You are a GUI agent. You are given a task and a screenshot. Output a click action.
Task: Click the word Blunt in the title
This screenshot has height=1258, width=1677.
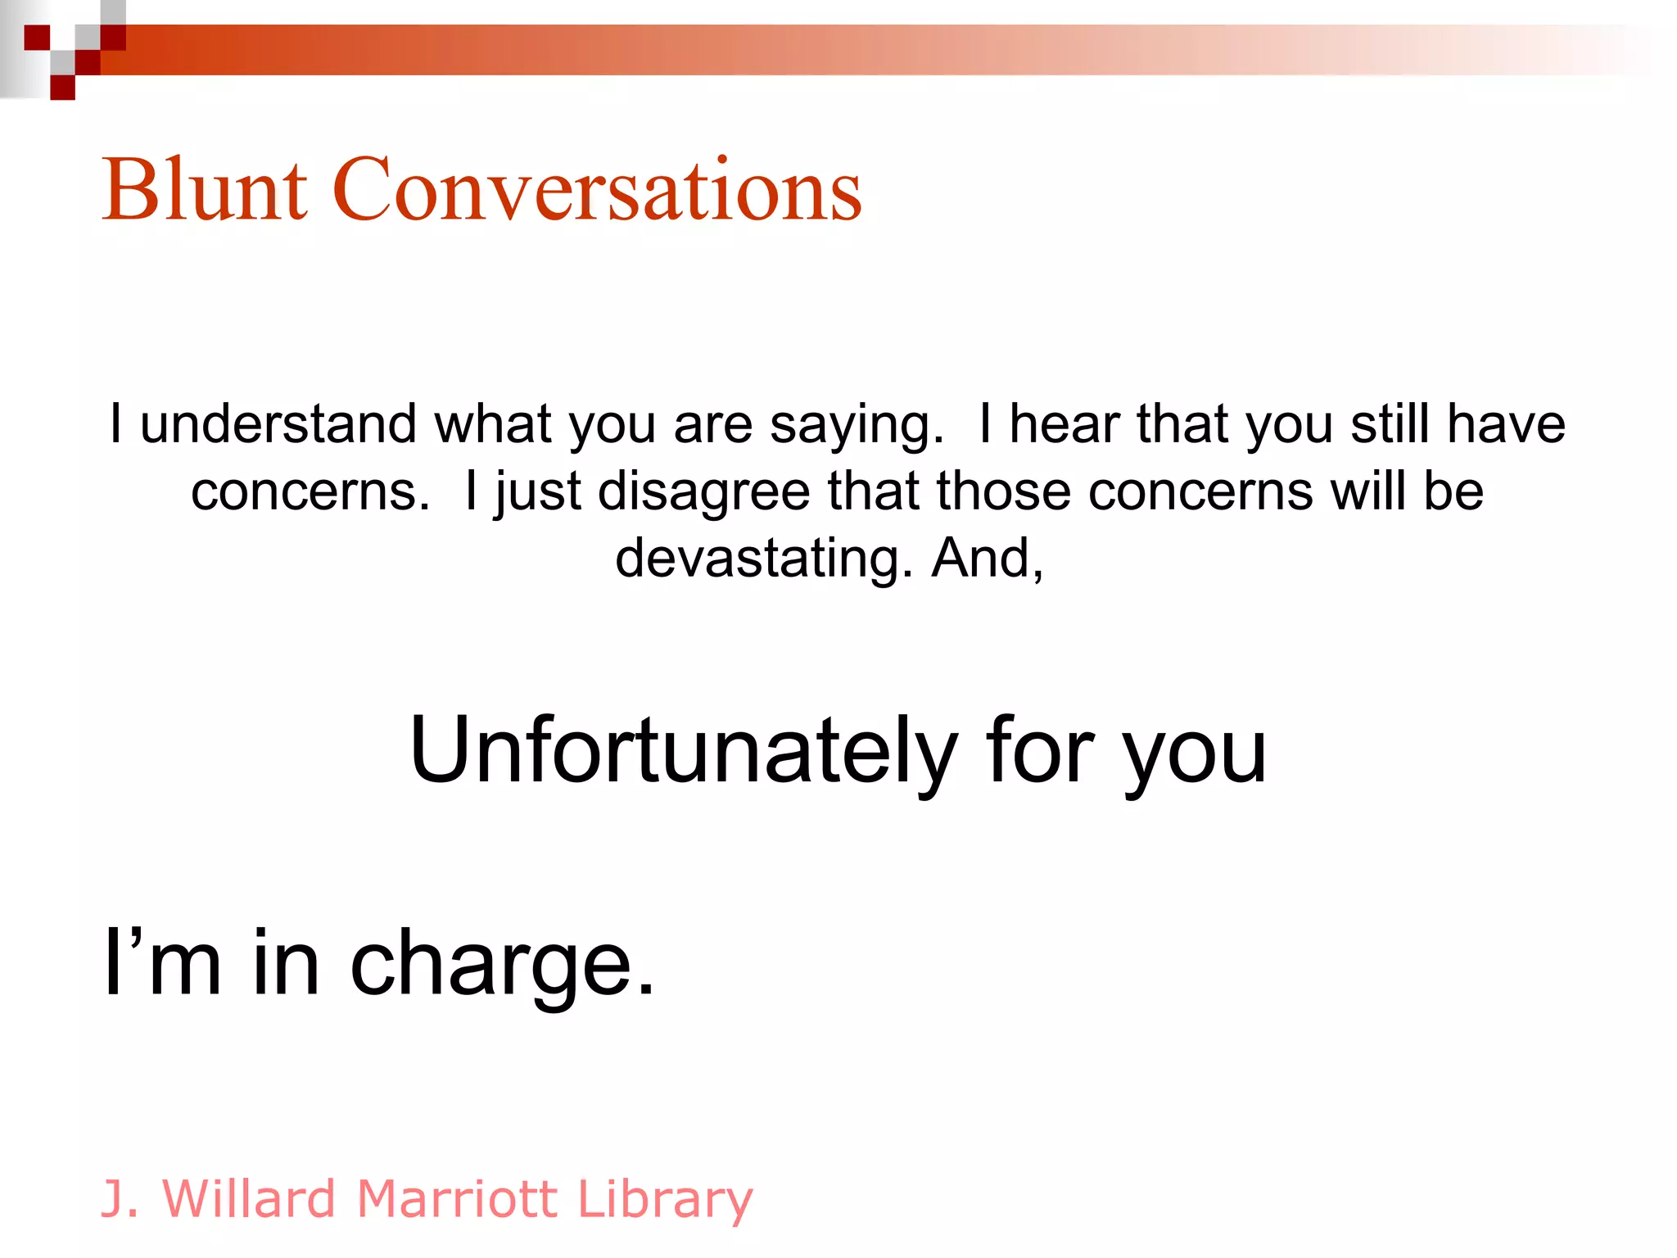point(205,190)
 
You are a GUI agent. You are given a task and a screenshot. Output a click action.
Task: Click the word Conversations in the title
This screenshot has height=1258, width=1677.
point(597,190)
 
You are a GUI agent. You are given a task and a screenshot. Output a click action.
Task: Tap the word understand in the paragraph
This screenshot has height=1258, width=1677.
point(278,424)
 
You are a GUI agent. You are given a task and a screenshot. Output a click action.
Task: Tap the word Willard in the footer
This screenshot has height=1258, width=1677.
point(249,1199)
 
